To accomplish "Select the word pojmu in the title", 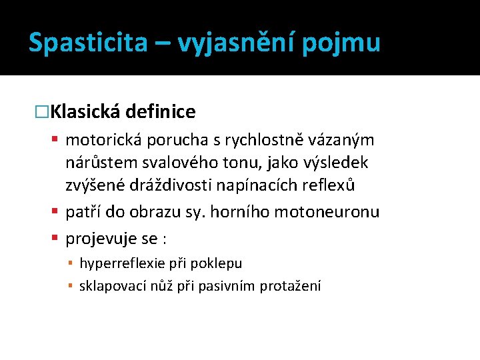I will pos(341,43).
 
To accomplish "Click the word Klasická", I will pos(85,111).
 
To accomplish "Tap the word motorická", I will pos(99,140).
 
